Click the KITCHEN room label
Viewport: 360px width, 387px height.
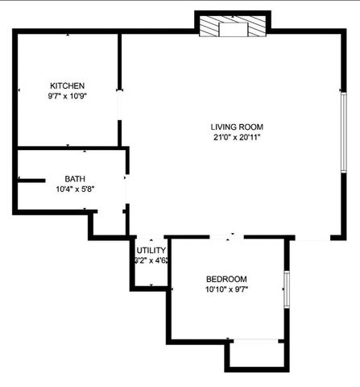pyautogui.click(x=68, y=85)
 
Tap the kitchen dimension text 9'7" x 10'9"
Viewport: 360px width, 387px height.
pyautogui.click(x=68, y=96)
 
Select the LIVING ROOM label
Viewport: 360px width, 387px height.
pyautogui.click(x=237, y=127)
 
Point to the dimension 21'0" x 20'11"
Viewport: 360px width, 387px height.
pyautogui.click(x=237, y=137)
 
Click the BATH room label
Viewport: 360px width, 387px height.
pyautogui.click(x=75, y=179)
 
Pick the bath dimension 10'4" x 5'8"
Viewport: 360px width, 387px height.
pyautogui.click(x=75, y=189)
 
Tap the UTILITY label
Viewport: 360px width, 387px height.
pyautogui.click(x=151, y=250)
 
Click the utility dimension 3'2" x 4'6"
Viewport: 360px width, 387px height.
pyautogui.click(x=151, y=260)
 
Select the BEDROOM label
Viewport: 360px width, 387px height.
pyautogui.click(x=226, y=279)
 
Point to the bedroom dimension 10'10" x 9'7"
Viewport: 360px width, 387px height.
pyautogui.click(x=226, y=289)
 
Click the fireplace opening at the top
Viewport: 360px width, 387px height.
pyautogui.click(x=234, y=30)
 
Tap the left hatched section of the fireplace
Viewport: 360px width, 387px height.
pyautogui.click(x=209, y=26)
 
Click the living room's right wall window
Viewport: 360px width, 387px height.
pyautogui.click(x=344, y=132)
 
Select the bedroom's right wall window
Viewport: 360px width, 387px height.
pyautogui.click(x=287, y=289)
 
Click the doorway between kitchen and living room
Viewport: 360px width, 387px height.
pyautogui.click(x=119, y=106)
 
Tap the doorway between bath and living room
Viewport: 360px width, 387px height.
pyautogui.click(x=127, y=189)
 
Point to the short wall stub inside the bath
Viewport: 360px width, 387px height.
pyautogui.click(x=31, y=181)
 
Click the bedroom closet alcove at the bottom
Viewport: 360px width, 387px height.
pyautogui.click(x=257, y=355)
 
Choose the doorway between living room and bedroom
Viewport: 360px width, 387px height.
pyautogui.click(x=226, y=237)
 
